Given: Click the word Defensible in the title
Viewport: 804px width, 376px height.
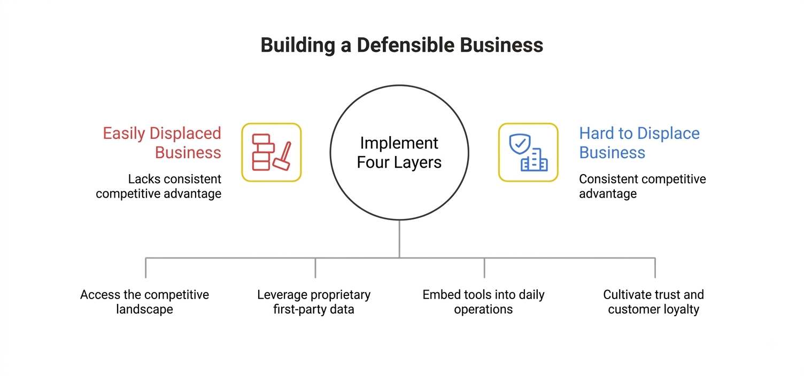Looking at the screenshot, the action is point(406,45).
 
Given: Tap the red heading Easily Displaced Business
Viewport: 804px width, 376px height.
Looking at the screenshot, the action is point(162,143).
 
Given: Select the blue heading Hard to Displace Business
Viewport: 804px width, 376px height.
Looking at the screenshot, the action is point(639,143).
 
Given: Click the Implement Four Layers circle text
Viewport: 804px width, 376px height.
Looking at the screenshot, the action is point(399,153).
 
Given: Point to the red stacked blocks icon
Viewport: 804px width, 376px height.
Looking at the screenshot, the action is point(263,152).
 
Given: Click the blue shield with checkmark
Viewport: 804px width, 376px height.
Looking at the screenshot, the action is point(520,144).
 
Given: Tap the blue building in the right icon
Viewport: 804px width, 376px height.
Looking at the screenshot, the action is point(535,160).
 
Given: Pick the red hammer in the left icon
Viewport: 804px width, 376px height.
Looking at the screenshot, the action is point(283,156).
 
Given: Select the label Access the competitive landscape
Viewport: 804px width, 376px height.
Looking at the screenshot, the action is point(145,302).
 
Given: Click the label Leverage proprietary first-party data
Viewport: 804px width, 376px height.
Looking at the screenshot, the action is point(314,302).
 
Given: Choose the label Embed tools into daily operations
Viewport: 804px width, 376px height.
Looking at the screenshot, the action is point(483,302).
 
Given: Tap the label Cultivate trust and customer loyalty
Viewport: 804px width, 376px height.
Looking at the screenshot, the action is point(654,302).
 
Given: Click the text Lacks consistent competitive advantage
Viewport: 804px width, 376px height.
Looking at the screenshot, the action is point(159,186).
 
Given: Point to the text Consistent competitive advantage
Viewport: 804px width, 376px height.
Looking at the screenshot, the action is point(643,186).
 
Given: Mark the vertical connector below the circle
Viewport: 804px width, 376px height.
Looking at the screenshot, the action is point(399,239).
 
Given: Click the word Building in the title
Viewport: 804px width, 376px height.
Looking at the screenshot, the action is point(298,45).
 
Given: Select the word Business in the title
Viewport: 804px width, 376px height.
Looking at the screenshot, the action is point(501,45).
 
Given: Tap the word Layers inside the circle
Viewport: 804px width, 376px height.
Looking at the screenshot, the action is point(418,162).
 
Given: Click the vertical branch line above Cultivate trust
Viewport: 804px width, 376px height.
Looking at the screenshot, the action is point(655,268).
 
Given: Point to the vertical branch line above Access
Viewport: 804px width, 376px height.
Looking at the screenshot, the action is point(146,268).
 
